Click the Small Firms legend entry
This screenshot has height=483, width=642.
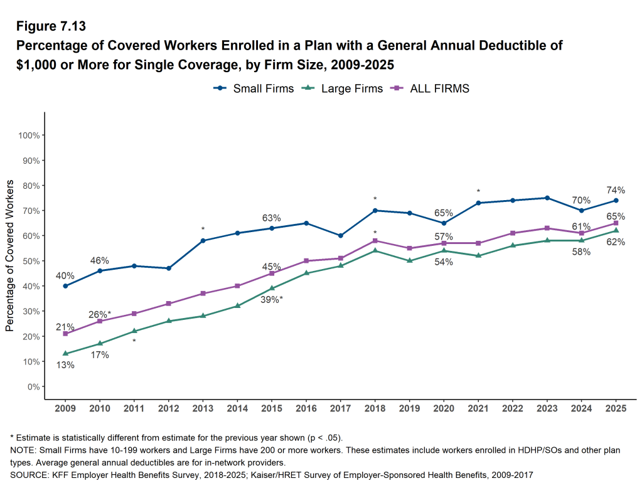[x=254, y=88]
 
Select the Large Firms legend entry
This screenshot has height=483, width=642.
[x=343, y=88]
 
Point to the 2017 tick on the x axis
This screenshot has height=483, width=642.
[x=341, y=408]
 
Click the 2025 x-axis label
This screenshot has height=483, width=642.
[x=616, y=408]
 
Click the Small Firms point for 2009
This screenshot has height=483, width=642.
[x=65, y=286]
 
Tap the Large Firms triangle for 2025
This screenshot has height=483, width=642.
[x=616, y=230]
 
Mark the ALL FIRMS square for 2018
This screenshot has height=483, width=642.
[x=375, y=240]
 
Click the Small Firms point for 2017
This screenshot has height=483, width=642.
[x=341, y=236]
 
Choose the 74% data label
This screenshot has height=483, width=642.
[x=616, y=190]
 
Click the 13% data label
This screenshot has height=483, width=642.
[x=65, y=365]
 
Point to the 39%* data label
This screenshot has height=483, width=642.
[x=272, y=300]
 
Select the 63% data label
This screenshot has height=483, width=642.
[x=272, y=218]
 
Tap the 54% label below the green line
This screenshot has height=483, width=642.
[x=444, y=262]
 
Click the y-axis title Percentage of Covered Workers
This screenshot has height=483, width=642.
[x=10, y=255]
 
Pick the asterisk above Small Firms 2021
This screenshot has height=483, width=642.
[x=478, y=192]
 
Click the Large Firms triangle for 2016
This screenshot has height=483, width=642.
[x=306, y=273]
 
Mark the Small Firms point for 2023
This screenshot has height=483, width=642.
[x=547, y=198]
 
